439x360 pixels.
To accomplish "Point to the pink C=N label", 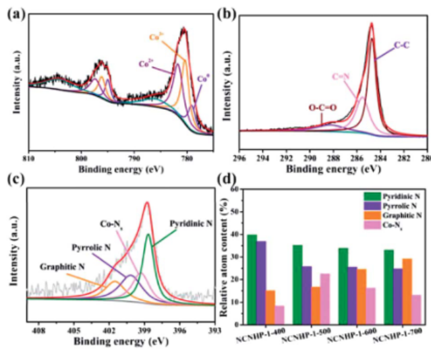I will (343, 78).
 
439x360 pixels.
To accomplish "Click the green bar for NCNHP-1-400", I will (252, 279).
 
